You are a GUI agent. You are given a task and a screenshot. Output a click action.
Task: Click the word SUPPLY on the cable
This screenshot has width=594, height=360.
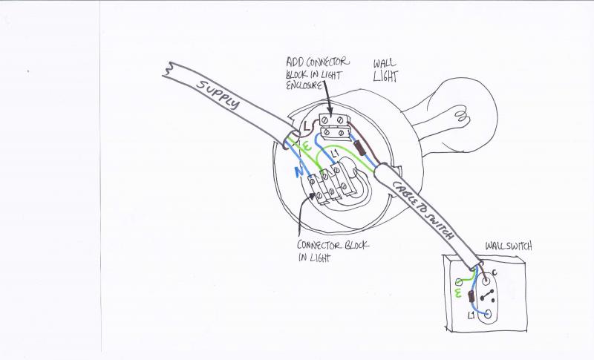218,94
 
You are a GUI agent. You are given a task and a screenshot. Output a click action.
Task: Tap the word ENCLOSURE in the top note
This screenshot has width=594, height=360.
304,85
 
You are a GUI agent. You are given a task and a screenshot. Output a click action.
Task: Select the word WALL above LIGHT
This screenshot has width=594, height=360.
384,63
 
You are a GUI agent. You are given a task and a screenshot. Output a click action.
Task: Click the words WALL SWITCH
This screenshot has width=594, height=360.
509,246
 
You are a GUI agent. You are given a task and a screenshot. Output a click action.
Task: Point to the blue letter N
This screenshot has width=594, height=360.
299,172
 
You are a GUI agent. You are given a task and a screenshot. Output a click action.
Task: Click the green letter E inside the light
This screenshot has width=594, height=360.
307,146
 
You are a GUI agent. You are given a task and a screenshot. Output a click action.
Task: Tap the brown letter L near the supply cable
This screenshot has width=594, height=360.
307,128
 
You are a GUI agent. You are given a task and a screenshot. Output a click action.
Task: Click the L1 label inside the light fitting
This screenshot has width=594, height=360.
334,154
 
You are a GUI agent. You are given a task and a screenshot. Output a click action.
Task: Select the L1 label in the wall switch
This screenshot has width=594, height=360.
471,315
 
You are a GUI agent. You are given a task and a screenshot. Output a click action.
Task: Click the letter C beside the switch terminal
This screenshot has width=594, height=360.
495,272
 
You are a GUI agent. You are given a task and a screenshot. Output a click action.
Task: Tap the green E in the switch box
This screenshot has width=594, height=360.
457,293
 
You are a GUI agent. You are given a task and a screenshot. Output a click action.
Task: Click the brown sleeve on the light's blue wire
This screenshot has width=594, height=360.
360,148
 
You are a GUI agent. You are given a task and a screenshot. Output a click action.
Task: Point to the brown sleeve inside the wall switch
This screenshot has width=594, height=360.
471,296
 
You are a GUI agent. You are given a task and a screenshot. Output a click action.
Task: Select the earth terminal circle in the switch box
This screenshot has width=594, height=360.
459,281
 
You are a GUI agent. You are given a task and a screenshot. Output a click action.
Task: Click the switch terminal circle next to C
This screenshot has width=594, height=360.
486,281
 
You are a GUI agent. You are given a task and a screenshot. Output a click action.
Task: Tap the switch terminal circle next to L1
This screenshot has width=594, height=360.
488,314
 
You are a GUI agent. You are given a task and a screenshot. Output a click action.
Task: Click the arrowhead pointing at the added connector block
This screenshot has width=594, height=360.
330,112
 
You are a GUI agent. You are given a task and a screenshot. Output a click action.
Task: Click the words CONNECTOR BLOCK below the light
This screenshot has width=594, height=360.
333,245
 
